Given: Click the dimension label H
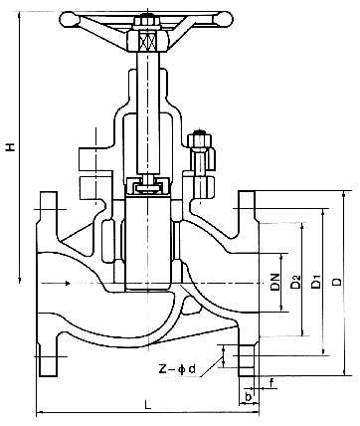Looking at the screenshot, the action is point(11,147).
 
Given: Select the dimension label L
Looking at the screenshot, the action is point(148,404).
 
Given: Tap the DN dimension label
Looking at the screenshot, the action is point(275,283).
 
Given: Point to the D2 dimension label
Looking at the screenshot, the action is point(295,282).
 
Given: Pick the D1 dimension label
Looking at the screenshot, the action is point(316,282).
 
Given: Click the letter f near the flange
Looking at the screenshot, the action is point(271,383).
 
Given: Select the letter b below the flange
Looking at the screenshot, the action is point(249,396).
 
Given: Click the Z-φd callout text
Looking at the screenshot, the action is point(178,369).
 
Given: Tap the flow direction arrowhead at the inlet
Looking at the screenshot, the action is point(68,283).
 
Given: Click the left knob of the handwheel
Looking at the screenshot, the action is point(69,19).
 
